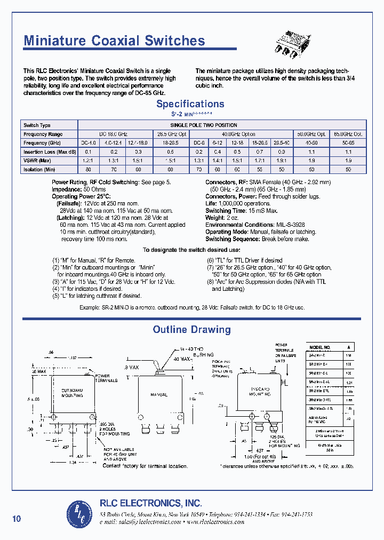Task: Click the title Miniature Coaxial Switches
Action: pyautogui.click(x=114, y=41)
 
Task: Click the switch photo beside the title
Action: pyautogui.click(x=293, y=42)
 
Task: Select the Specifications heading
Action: pyautogui.click(x=190, y=104)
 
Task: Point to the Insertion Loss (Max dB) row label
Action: pyautogui.click(x=48, y=152)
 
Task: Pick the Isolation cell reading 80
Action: pyautogui.click(x=88, y=170)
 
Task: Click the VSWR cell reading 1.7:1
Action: pyautogui.click(x=260, y=161)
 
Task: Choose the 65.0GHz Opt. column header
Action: pyautogui.click(x=348, y=134)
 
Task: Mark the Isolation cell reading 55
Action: pyautogui.click(x=260, y=170)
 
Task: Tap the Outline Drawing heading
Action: pyautogui.click(x=191, y=330)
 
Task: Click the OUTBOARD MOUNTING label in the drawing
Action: pyautogui.click(x=73, y=393)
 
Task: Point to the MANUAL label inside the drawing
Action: pyautogui.click(x=158, y=395)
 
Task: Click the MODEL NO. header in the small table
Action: pyautogui.click(x=321, y=347)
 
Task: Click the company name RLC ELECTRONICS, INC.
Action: pyautogui.click(x=151, y=503)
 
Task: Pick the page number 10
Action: pyautogui.click(x=17, y=519)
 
